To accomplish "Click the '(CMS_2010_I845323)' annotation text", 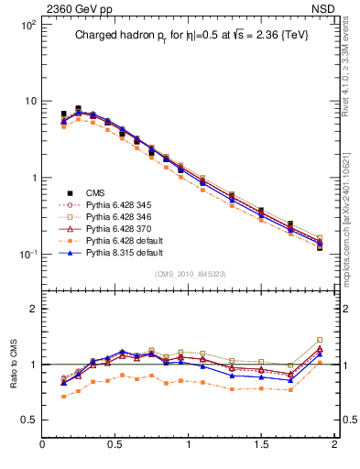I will tap(189, 272).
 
